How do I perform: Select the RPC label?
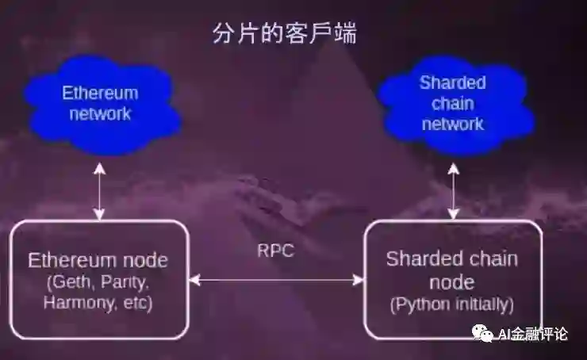tap(275, 251)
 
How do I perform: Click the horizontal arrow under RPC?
tap(276, 280)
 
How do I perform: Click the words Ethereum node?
tap(99, 260)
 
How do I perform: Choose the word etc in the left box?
tap(137, 302)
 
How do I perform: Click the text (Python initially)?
tap(452, 304)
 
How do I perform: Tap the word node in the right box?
tap(452, 281)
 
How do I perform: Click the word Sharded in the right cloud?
tap(452, 83)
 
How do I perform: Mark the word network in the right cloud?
tap(452, 124)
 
